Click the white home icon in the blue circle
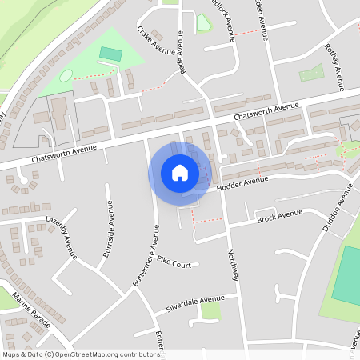tap(179, 172)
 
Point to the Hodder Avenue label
tap(241, 183)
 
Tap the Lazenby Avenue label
tap(61, 237)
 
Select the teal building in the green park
tap(110, 54)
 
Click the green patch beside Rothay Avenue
tap(311, 74)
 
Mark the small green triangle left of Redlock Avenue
tap(203, 23)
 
